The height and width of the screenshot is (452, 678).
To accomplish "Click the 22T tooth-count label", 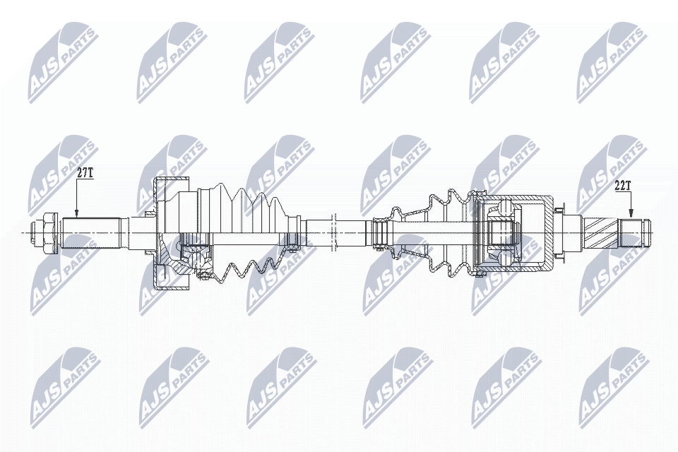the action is (623, 186).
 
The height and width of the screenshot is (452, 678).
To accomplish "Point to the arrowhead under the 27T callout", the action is (76, 213).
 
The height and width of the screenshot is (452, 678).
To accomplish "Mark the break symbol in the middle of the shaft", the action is (333, 232).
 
